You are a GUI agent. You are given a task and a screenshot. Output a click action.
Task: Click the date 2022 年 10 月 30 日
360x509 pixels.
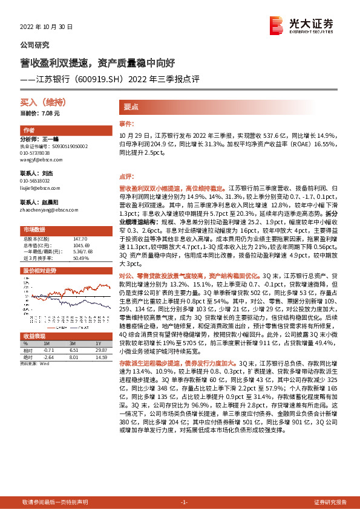tap(47, 27)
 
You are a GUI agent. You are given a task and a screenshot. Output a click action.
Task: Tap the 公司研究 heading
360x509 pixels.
tap(35, 45)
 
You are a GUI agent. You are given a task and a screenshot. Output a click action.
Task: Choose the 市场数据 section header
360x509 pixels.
tap(34, 230)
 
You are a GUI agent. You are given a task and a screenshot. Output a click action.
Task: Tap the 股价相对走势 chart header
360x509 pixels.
tap(39, 270)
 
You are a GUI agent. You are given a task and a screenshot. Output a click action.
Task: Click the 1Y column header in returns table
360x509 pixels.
tap(97, 343)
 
